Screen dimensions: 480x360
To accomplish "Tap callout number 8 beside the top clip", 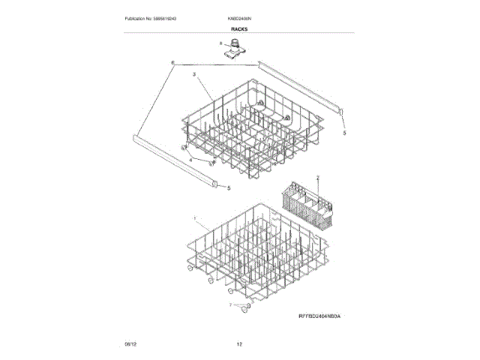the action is tap(221, 44).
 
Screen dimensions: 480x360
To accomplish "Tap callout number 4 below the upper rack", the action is tap(190, 160).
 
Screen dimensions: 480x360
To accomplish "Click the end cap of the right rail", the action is tap(340, 112).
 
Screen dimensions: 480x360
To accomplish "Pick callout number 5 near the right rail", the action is tap(344, 133).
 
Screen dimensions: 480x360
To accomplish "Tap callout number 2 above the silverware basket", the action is tap(318, 178).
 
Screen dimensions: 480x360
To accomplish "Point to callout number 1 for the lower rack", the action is tap(196, 219).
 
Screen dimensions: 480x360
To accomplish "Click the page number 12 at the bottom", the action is tap(239, 344).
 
